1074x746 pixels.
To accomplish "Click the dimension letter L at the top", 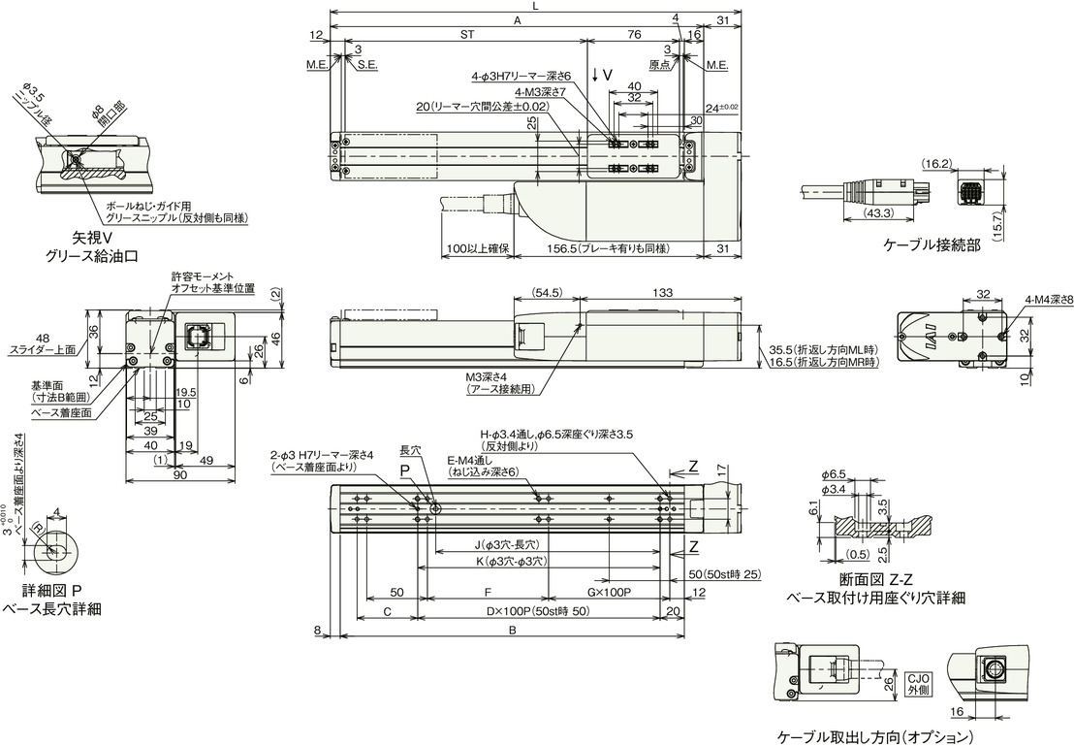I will [x=536, y=7].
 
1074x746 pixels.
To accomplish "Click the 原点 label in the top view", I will [x=658, y=66].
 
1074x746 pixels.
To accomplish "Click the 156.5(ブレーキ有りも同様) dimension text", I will [x=606, y=249].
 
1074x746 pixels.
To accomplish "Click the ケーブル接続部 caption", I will [x=932, y=245].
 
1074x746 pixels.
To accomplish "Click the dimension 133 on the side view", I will [x=664, y=293].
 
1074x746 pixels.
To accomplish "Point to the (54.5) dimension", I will [x=547, y=293].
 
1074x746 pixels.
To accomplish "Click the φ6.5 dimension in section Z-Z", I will [x=835, y=473].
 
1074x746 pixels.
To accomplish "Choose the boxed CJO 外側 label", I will [x=918, y=685].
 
